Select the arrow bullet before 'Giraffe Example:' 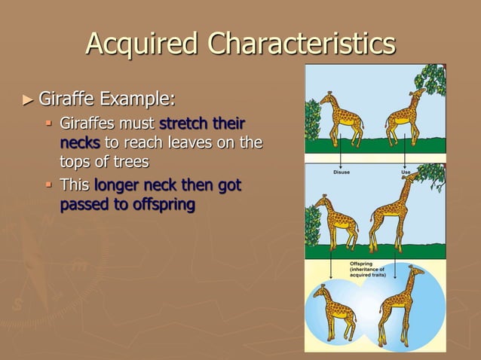tap(28, 99)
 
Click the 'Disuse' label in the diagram tap(342, 172)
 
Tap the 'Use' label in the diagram tap(406, 172)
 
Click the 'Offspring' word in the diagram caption tap(362, 264)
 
